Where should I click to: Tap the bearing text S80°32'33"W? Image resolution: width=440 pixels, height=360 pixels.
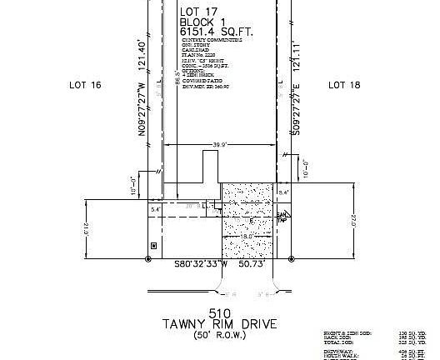(x=201, y=264)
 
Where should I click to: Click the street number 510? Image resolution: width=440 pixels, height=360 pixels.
(x=220, y=312)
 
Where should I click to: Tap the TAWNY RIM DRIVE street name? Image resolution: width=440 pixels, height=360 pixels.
(x=220, y=323)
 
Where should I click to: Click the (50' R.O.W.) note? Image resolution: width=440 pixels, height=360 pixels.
(x=220, y=335)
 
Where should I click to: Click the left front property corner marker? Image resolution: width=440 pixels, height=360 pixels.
(x=148, y=259)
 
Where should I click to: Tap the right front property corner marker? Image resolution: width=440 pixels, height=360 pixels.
(x=290, y=259)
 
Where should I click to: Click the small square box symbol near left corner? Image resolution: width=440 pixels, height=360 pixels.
(x=152, y=245)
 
